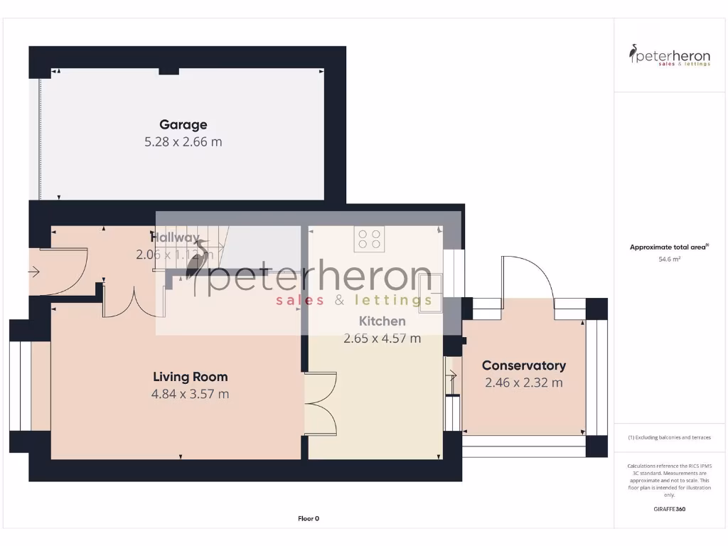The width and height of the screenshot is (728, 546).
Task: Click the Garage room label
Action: pyautogui.click(x=183, y=125)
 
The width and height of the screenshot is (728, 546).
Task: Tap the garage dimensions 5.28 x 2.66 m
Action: pyautogui.click(x=183, y=141)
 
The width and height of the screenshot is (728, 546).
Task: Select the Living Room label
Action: pyautogui.click(x=191, y=377)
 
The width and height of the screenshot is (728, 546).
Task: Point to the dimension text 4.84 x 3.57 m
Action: pyautogui.click(x=191, y=394)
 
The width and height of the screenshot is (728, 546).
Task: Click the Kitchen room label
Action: pyautogui.click(x=382, y=321)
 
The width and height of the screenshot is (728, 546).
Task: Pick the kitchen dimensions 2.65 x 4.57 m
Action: pyautogui.click(x=382, y=338)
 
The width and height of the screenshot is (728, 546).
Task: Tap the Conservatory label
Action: pyautogui.click(x=524, y=365)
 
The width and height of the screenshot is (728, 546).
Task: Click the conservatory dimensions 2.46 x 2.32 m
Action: pyautogui.click(x=524, y=382)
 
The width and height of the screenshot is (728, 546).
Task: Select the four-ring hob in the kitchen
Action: pyautogui.click(x=369, y=239)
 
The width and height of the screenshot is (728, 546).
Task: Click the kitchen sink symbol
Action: pyautogui.click(x=431, y=293)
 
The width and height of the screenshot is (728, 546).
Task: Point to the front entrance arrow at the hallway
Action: pyautogui.click(x=33, y=271)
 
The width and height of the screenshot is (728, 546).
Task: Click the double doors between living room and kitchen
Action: pyautogui.click(x=321, y=403)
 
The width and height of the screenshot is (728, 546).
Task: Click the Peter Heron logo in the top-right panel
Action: pyautogui.click(x=669, y=55)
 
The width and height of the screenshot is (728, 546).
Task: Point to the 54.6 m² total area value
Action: pyautogui.click(x=669, y=260)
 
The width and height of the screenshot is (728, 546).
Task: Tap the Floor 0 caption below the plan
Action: pyautogui.click(x=309, y=518)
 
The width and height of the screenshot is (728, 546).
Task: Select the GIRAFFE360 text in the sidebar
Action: pyautogui.click(x=669, y=509)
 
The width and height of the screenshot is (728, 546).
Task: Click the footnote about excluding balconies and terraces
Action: pyautogui.click(x=669, y=437)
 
